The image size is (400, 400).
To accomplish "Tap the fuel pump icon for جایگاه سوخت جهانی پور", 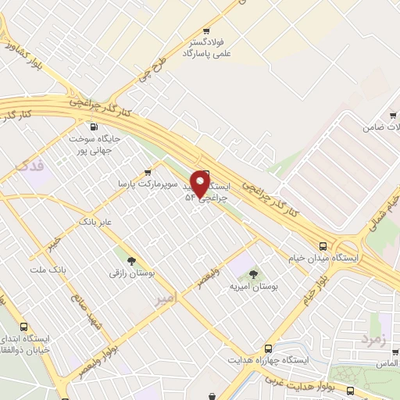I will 95,127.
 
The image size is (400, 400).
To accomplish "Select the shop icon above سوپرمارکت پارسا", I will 148,172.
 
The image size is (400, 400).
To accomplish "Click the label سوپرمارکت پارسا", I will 142,184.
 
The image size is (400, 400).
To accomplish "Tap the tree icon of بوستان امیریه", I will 253,273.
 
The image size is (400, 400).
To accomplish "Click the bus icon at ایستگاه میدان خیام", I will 323,244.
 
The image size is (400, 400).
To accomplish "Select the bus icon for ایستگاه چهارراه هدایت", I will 269,348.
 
